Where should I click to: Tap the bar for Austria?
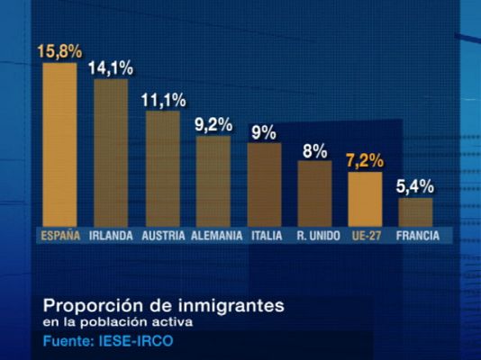click(162, 168)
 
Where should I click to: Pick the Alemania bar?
click(213, 181)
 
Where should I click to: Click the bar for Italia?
click(264, 184)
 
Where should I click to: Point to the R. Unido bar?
click(314, 193)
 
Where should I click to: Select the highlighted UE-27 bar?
click(365, 198)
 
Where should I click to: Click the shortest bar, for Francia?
click(415, 211)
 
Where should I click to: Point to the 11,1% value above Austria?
click(163, 100)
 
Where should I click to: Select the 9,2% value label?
click(213, 124)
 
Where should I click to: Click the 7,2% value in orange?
click(365, 161)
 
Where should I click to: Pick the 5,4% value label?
click(415, 187)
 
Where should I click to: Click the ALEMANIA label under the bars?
click(216, 236)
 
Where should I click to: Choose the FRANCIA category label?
click(417, 236)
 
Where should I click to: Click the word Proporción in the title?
click(86, 306)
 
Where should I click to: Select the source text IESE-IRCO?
click(141, 342)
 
